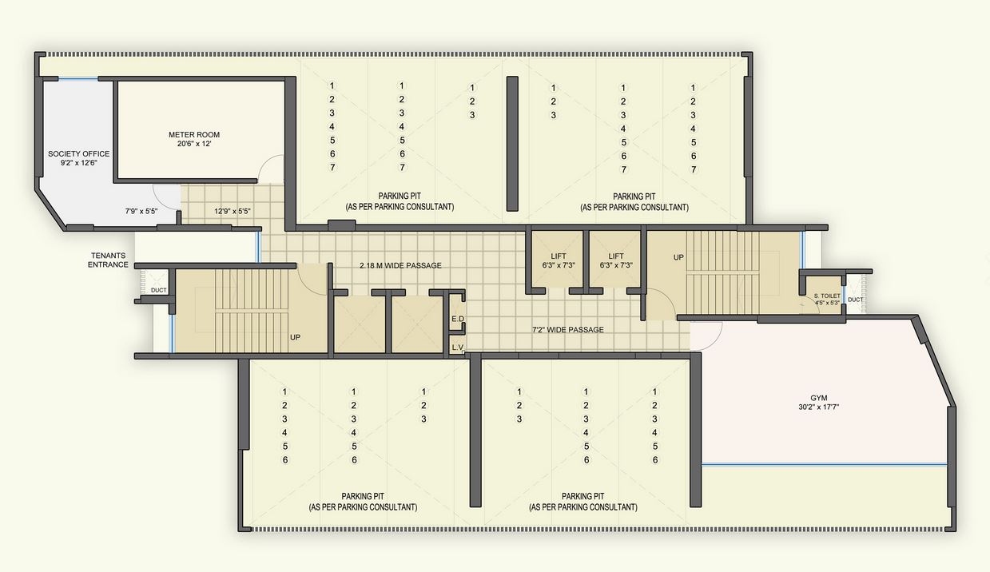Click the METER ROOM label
click(x=193, y=134)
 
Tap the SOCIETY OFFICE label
click(x=78, y=153)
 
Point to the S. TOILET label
click(x=827, y=296)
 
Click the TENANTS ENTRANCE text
click(x=108, y=260)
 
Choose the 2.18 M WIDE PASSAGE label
click(x=400, y=265)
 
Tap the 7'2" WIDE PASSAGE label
click(x=568, y=329)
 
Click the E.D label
click(x=458, y=319)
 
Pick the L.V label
click(x=458, y=348)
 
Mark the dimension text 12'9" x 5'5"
click(x=233, y=212)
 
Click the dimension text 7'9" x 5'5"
click(x=141, y=212)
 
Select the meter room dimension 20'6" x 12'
click(x=193, y=145)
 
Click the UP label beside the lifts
click(x=678, y=258)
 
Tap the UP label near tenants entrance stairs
click(x=295, y=337)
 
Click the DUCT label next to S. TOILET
click(x=855, y=300)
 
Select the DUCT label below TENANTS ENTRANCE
click(x=159, y=290)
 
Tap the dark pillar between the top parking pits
click(x=512, y=144)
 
